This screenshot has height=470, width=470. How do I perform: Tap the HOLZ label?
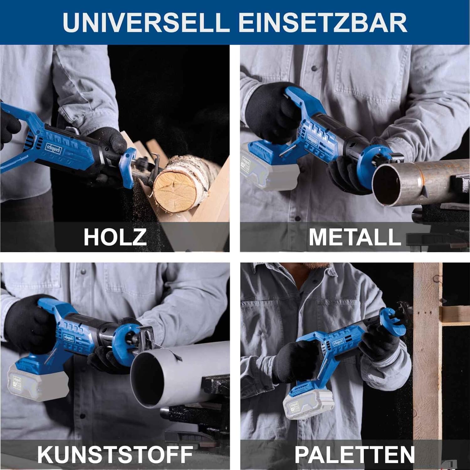coord(115,237)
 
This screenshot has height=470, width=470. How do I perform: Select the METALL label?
coord(355,237)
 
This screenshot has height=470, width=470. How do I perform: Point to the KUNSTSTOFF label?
coord(115,454)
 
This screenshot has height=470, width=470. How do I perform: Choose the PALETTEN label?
coord(355,454)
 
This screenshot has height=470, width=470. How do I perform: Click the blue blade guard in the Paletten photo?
coord(393,318)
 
